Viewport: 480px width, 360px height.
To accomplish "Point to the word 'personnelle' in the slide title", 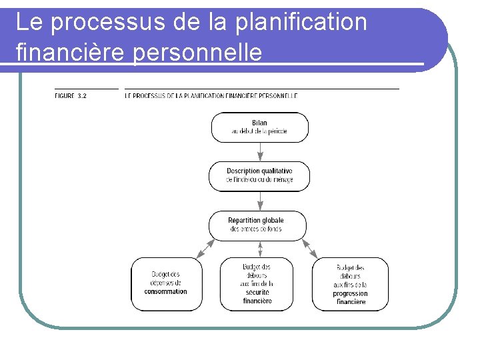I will (x=198, y=51).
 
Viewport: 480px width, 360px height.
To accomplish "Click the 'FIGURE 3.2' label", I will (x=71, y=96).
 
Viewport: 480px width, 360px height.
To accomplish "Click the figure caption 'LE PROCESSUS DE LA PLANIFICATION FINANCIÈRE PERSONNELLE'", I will (x=211, y=96).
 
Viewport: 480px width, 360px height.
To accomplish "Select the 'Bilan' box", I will (x=259, y=127).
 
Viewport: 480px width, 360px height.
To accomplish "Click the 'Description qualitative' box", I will (x=259, y=176).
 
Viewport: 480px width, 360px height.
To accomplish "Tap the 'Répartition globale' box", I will (x=257, y=225).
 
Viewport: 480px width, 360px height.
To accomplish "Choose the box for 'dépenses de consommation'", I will (x=165, y=283).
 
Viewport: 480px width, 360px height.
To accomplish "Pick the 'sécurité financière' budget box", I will (x=257, y=283).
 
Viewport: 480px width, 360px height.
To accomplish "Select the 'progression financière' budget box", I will (x=350, y=283).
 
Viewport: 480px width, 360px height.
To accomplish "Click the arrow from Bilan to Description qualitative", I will (x=260, y=152).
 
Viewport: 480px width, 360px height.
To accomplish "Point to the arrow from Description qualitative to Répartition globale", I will (x=260, y=201).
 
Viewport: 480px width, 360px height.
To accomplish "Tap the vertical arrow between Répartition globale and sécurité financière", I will (x=260, y=248).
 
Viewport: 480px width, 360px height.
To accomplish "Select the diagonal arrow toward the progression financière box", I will (x=310, y=248).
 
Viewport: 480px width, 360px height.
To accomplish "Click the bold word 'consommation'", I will (x=165, y=291).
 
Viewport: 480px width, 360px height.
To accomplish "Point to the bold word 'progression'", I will (x=351, y=294).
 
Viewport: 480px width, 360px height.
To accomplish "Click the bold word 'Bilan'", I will (x=259, y=123).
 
